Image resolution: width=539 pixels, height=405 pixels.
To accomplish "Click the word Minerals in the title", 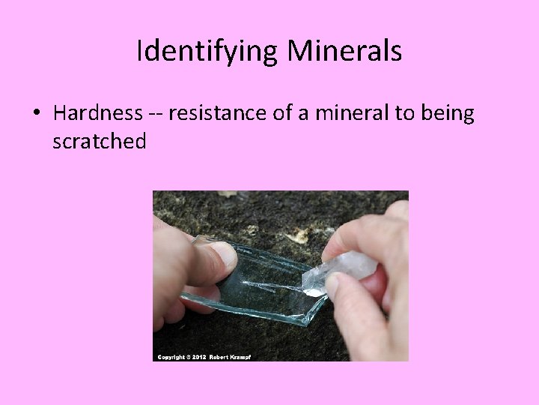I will pyautogui.click(x=344, y=51).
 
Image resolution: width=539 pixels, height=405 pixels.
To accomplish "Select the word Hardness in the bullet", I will pyautogui.click(x=98, y=114).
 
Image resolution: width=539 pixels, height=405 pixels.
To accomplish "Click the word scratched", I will pyautogui.click(x=99, y=141).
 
